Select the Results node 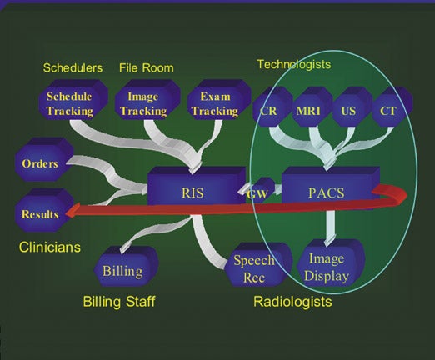44,210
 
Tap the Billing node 126,266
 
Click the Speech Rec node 257,264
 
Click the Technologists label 294,64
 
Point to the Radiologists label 292,302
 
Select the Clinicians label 50,247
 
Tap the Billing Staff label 119,302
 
